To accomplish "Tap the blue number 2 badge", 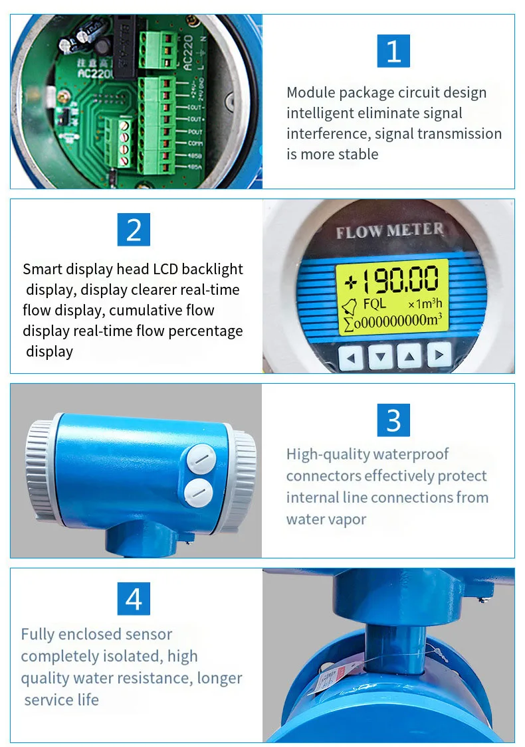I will tap(134, 230).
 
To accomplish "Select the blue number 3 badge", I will tap(393, 420).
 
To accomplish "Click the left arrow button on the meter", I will tap(352, 357).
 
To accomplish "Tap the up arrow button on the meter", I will tap(409, 357).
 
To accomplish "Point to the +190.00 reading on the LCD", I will tap(392, 281).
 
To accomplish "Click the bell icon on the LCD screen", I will tap(347, 306).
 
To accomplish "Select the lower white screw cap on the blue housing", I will tap(197, 492).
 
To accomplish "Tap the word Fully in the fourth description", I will tap(37, 634).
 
